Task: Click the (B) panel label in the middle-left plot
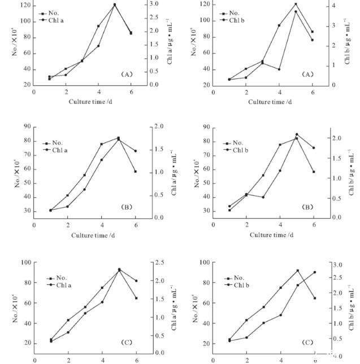point(127,207)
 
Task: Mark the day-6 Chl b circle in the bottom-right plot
point(315,272)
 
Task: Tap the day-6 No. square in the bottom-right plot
point(315,298)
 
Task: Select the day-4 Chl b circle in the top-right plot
point(279,70)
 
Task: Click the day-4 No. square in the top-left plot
point(98,26)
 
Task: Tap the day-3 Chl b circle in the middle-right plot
point(263,197)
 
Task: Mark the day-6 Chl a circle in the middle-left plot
point(135,151)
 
